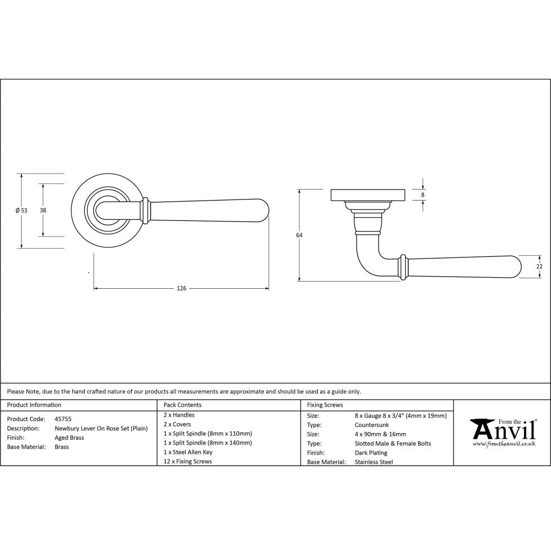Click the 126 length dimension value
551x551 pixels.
(182, 289)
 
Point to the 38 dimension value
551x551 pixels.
(42, 210)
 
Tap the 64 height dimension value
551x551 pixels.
(299, 235)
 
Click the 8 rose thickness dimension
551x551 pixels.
(423, 195)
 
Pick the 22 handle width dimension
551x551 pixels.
(539, 267)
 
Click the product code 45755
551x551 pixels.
(63, 419)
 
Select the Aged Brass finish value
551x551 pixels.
(69, 438)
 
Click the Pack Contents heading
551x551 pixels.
(183, 405)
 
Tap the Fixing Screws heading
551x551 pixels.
(325, 405)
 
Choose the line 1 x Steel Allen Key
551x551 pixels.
(188, 452)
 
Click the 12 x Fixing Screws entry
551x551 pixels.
(188, 462)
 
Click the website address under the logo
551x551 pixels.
(504, 444)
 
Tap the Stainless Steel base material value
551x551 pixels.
(374, 462)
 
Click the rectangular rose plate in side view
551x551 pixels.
(368, 196)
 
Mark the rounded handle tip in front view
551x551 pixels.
(263, 210)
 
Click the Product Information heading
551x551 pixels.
(34, 405)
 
